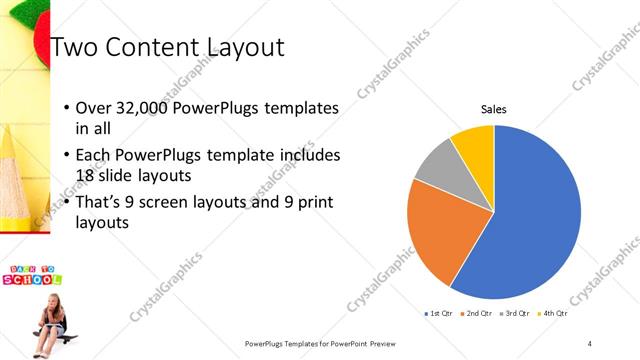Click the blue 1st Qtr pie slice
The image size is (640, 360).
pyautogui.click(x=530, y=220)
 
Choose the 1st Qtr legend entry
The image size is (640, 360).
pyautogui.click(x=439, y=314)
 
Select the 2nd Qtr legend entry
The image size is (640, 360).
pyautogui.click(x=477, y=314)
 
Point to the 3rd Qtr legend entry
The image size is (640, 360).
pyautogui.click(x=515, y=314)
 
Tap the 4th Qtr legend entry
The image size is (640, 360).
pyautogui.click(x=554, y=314)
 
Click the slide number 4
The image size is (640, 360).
pyautogui.click(x=590, y=343)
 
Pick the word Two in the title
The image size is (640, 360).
pyautogui.click(x=74, y=47)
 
